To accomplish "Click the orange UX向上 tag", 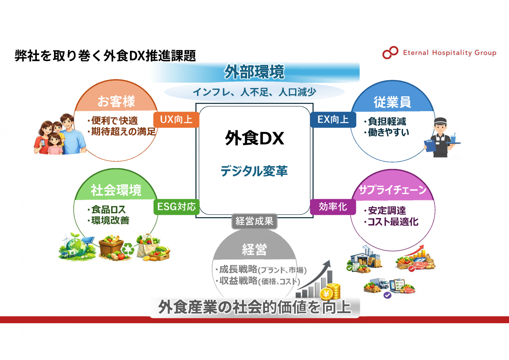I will coord(176,119).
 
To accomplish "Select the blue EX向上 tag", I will coord(333,119).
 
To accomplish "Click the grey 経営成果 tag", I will coord(254,221).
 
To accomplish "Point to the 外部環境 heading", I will coord(254,72).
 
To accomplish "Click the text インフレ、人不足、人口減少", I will coord(254,92).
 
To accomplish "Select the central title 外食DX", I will coord(254,139).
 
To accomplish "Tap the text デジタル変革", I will coord(254,171).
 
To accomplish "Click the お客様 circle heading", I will coord(116,102).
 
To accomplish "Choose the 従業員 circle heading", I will coord(392,102).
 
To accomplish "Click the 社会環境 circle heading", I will coord(116,191).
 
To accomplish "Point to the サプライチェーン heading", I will coord(392,190).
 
